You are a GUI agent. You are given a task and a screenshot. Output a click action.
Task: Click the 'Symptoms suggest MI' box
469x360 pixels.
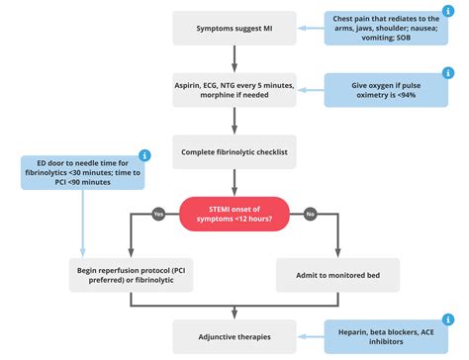(x=234, y=28)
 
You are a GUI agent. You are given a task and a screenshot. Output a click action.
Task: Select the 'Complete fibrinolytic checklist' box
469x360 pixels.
(x=234, y=153)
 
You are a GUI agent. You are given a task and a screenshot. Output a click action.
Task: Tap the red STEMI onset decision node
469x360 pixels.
(x=234, y=212)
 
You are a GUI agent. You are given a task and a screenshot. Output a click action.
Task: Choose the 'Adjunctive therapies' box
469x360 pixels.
(x=234, y=335)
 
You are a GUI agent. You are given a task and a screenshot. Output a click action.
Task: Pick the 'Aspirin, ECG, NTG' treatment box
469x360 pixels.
(x=234, y=92)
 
